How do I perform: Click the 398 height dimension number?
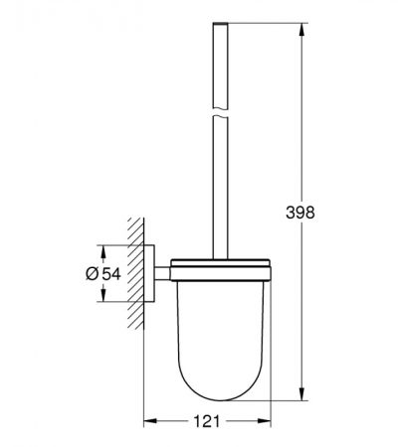coord(300,213)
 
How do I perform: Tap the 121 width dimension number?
coord(206,421)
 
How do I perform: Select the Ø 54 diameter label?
coord(103,274)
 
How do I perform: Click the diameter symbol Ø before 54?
coord(93,274)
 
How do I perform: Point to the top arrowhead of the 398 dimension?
coord(301,30)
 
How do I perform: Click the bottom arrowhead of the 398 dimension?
coord(301,394)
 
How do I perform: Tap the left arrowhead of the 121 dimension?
coord(150,421)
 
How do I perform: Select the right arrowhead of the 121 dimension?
coord(265,421)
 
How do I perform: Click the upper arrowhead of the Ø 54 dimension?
coord(103,251)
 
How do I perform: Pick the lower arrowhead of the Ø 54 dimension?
coord(103,295)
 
